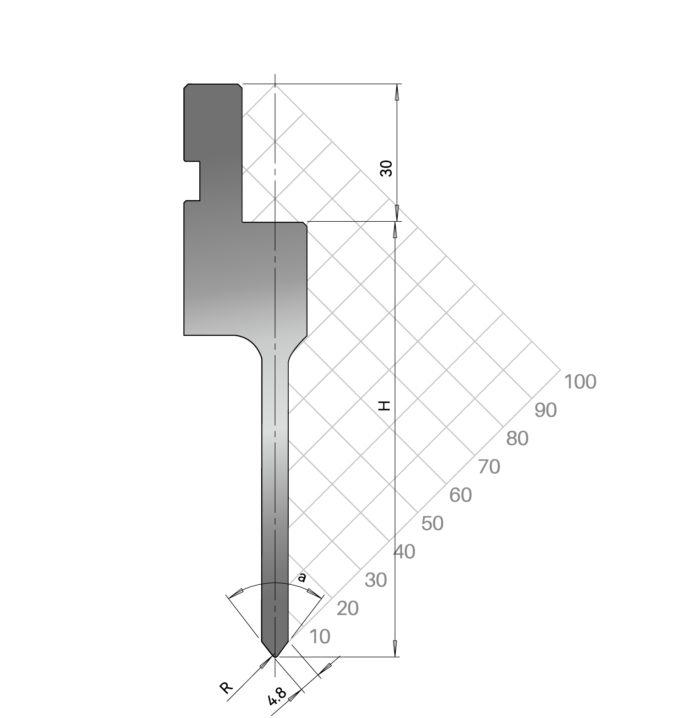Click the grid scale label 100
[x=580, y=382]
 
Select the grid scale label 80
[x=517, y=439]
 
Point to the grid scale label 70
[x=489, y=467]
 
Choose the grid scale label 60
[x=460, y=495]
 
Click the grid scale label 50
[x=433, y=523]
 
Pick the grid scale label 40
[x=404, y=552]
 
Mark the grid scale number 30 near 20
[x=376, y=580]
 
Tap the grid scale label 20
[x=347, y=608]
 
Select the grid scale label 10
[x=319, y=636]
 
